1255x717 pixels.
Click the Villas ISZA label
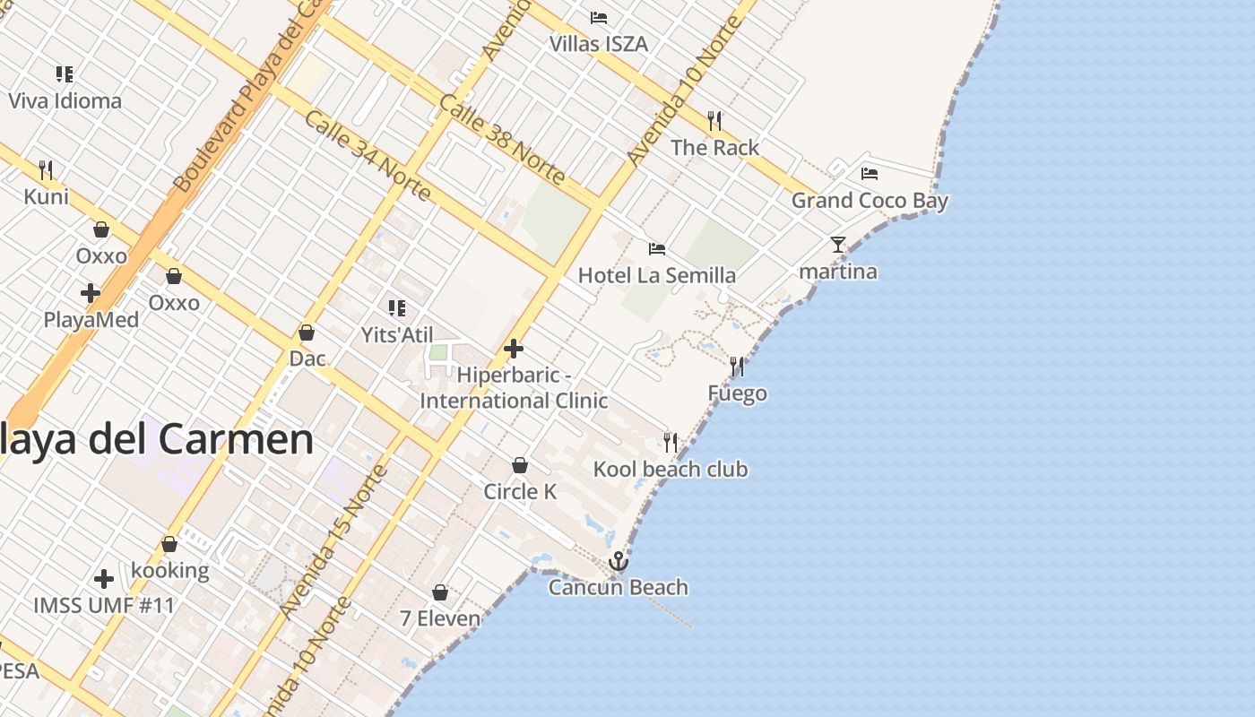[x=598, y=43]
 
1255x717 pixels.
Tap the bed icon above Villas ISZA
[x=599, y=18]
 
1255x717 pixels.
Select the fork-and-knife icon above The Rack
[x=714, y=120]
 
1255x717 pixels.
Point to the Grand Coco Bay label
[x=869, y=201]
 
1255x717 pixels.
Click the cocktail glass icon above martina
[x=838, y=244]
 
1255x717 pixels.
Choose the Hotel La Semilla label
[x=656, y=275]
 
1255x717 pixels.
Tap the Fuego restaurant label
[x=737, y=393]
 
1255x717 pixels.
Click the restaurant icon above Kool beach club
[x=671, y=442]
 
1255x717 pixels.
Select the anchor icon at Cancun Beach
[x=618, y=562]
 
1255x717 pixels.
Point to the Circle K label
[x=520, y=491]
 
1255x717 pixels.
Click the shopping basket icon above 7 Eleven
[x=440, y=592]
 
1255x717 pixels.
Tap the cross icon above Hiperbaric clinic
[x=514, y=348]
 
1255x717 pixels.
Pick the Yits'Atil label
[x=397, y=335]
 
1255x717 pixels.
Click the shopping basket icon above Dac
[x=307, y=333]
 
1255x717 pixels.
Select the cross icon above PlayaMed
[x=91, y=293]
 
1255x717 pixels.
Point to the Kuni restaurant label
[x=46, y=196]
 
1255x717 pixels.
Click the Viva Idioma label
[x=65, y=100]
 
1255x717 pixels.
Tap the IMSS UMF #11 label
[x=104, y=605]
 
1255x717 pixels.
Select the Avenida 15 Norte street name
[x=333, y=543]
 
